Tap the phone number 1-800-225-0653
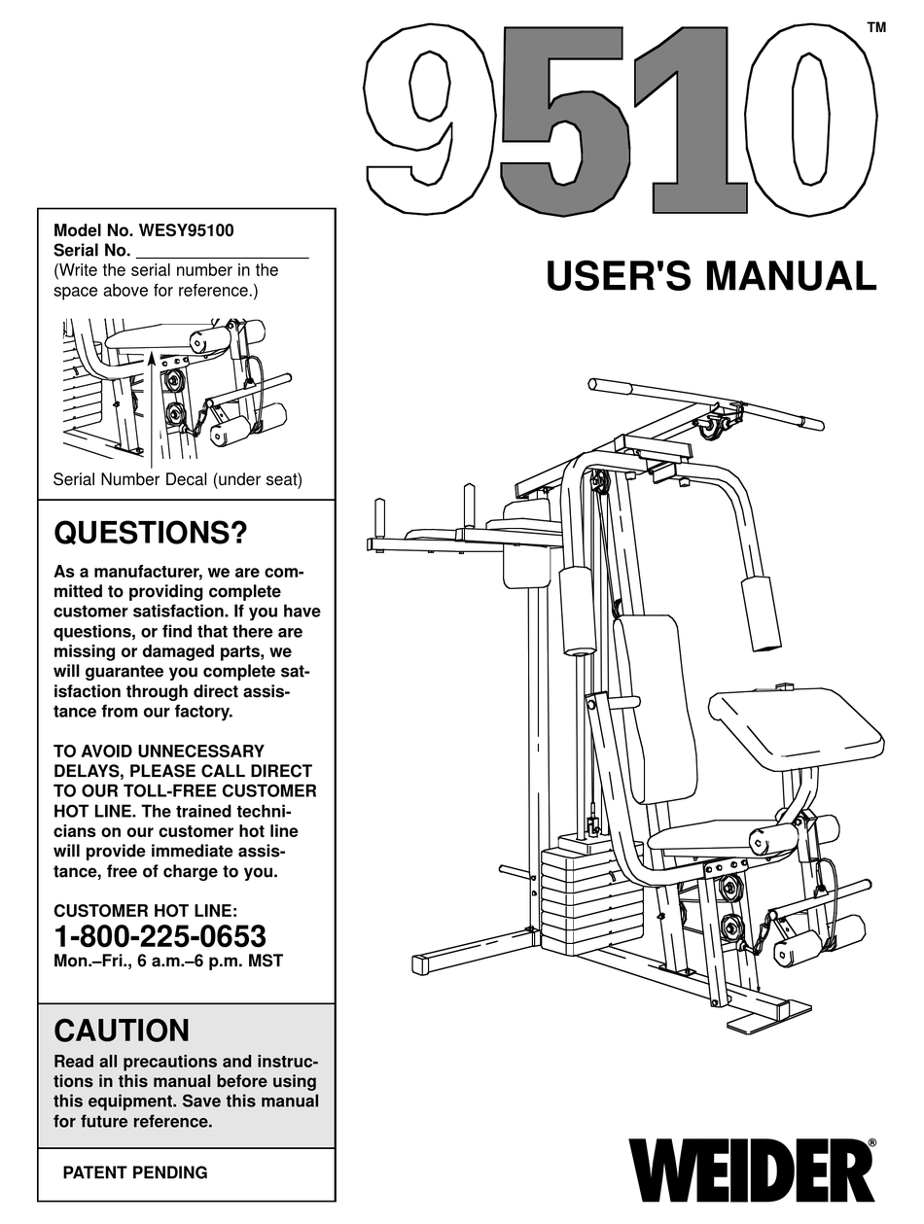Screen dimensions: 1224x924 tap(160, 936)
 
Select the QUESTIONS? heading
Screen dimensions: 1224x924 tap(150, 533)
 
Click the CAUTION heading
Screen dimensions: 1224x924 tap(122, 1031)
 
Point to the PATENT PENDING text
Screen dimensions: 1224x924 tap(135, 1172)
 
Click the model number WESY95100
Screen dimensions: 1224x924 tap(187, 231)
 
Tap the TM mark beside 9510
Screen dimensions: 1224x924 tap(875, 28)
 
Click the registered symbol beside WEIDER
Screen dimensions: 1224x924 tap(871, 1143)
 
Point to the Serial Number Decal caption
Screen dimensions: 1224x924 tap(177, 479)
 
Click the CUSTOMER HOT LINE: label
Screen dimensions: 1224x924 tap(145, 911)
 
